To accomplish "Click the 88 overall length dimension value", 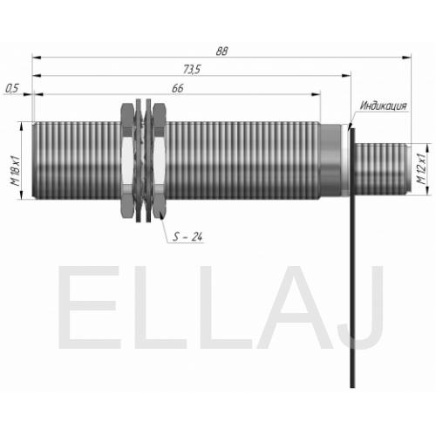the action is click(x=221, y=51).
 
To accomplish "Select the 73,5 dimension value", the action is click(x=192, y=69).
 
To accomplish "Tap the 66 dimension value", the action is click(x=178, y=88).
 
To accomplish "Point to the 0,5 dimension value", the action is click(x=12, y=88).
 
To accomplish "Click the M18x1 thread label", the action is click(x=15, y=171).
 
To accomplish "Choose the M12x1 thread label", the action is click(x=421, y=168).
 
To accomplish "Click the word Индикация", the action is click(x=383, y=106).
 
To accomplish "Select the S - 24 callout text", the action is click(x=187, y=236).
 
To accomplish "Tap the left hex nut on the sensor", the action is click(x=127, y=160).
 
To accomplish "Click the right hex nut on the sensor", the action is click(x=159, y=160).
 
